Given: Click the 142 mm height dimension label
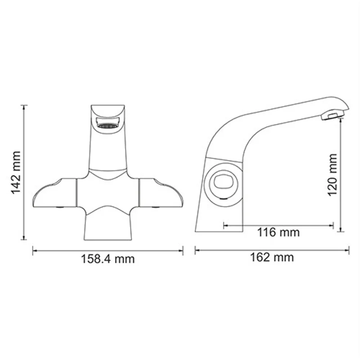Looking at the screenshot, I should (x=16, y=172).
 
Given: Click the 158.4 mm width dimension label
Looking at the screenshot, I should (x=108, y=259).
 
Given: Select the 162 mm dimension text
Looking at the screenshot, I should (x=272, y=257).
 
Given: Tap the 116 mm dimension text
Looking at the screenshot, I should (x=278, y=233).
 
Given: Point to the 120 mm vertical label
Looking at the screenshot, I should (x=332, y=175).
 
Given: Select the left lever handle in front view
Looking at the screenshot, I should (x=54, y=193).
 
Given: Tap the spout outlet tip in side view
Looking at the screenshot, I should (x=331, y=117).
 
